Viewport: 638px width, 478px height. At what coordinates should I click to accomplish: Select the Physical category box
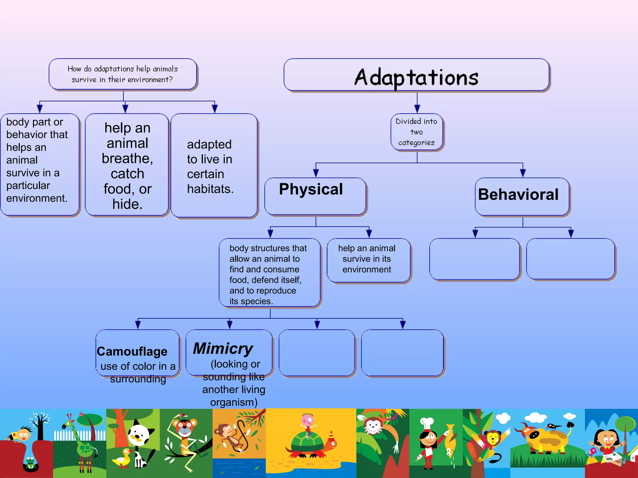(315, 196)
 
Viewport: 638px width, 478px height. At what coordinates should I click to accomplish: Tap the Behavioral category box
(522, 196)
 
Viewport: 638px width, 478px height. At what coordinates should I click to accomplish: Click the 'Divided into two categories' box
(417, 132)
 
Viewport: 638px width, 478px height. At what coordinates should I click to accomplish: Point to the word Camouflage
(132, 351)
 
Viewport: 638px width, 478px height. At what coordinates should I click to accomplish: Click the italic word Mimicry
(223, 348)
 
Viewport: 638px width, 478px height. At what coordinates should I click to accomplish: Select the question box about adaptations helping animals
(123, 74)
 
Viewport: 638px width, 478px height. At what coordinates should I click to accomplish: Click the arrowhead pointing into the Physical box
(316, 173)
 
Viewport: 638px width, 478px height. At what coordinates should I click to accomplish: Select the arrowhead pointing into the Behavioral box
(523, 173)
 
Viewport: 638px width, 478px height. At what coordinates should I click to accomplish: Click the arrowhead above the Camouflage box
(138, 325)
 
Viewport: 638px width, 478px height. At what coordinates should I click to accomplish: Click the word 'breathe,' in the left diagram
(127, 159)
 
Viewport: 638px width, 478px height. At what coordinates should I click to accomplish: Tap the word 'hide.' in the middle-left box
(127, 204)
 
